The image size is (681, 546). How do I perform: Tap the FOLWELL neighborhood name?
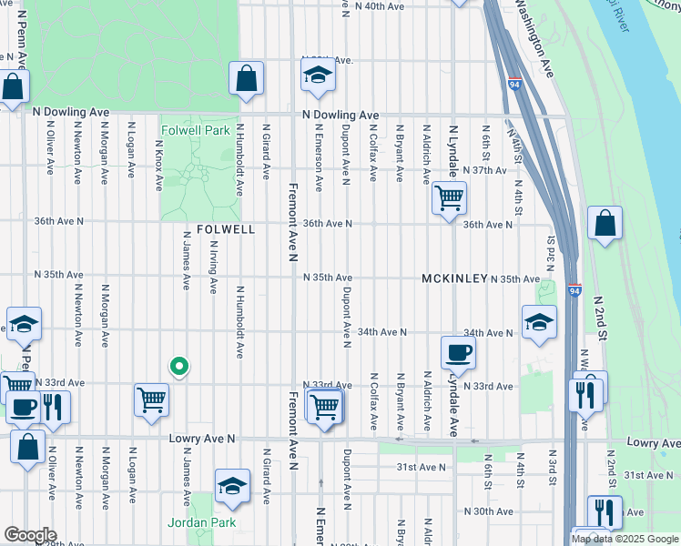point(226,230)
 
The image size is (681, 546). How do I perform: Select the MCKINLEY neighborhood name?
point(454,278)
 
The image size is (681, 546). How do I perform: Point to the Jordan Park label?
point(201,522)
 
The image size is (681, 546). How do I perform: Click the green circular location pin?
point(179,367)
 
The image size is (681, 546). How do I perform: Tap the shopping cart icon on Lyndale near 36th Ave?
point(450,197)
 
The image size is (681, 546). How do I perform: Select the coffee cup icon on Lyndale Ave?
point(458,353)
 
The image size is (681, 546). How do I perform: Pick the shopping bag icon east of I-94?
point(605,223)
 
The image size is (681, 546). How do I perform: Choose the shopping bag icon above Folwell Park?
point(246,78)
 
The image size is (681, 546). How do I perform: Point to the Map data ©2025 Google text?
point(625,539)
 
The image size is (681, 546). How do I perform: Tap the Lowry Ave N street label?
point(202,439)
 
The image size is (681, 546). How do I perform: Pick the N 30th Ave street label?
point(489,511)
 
